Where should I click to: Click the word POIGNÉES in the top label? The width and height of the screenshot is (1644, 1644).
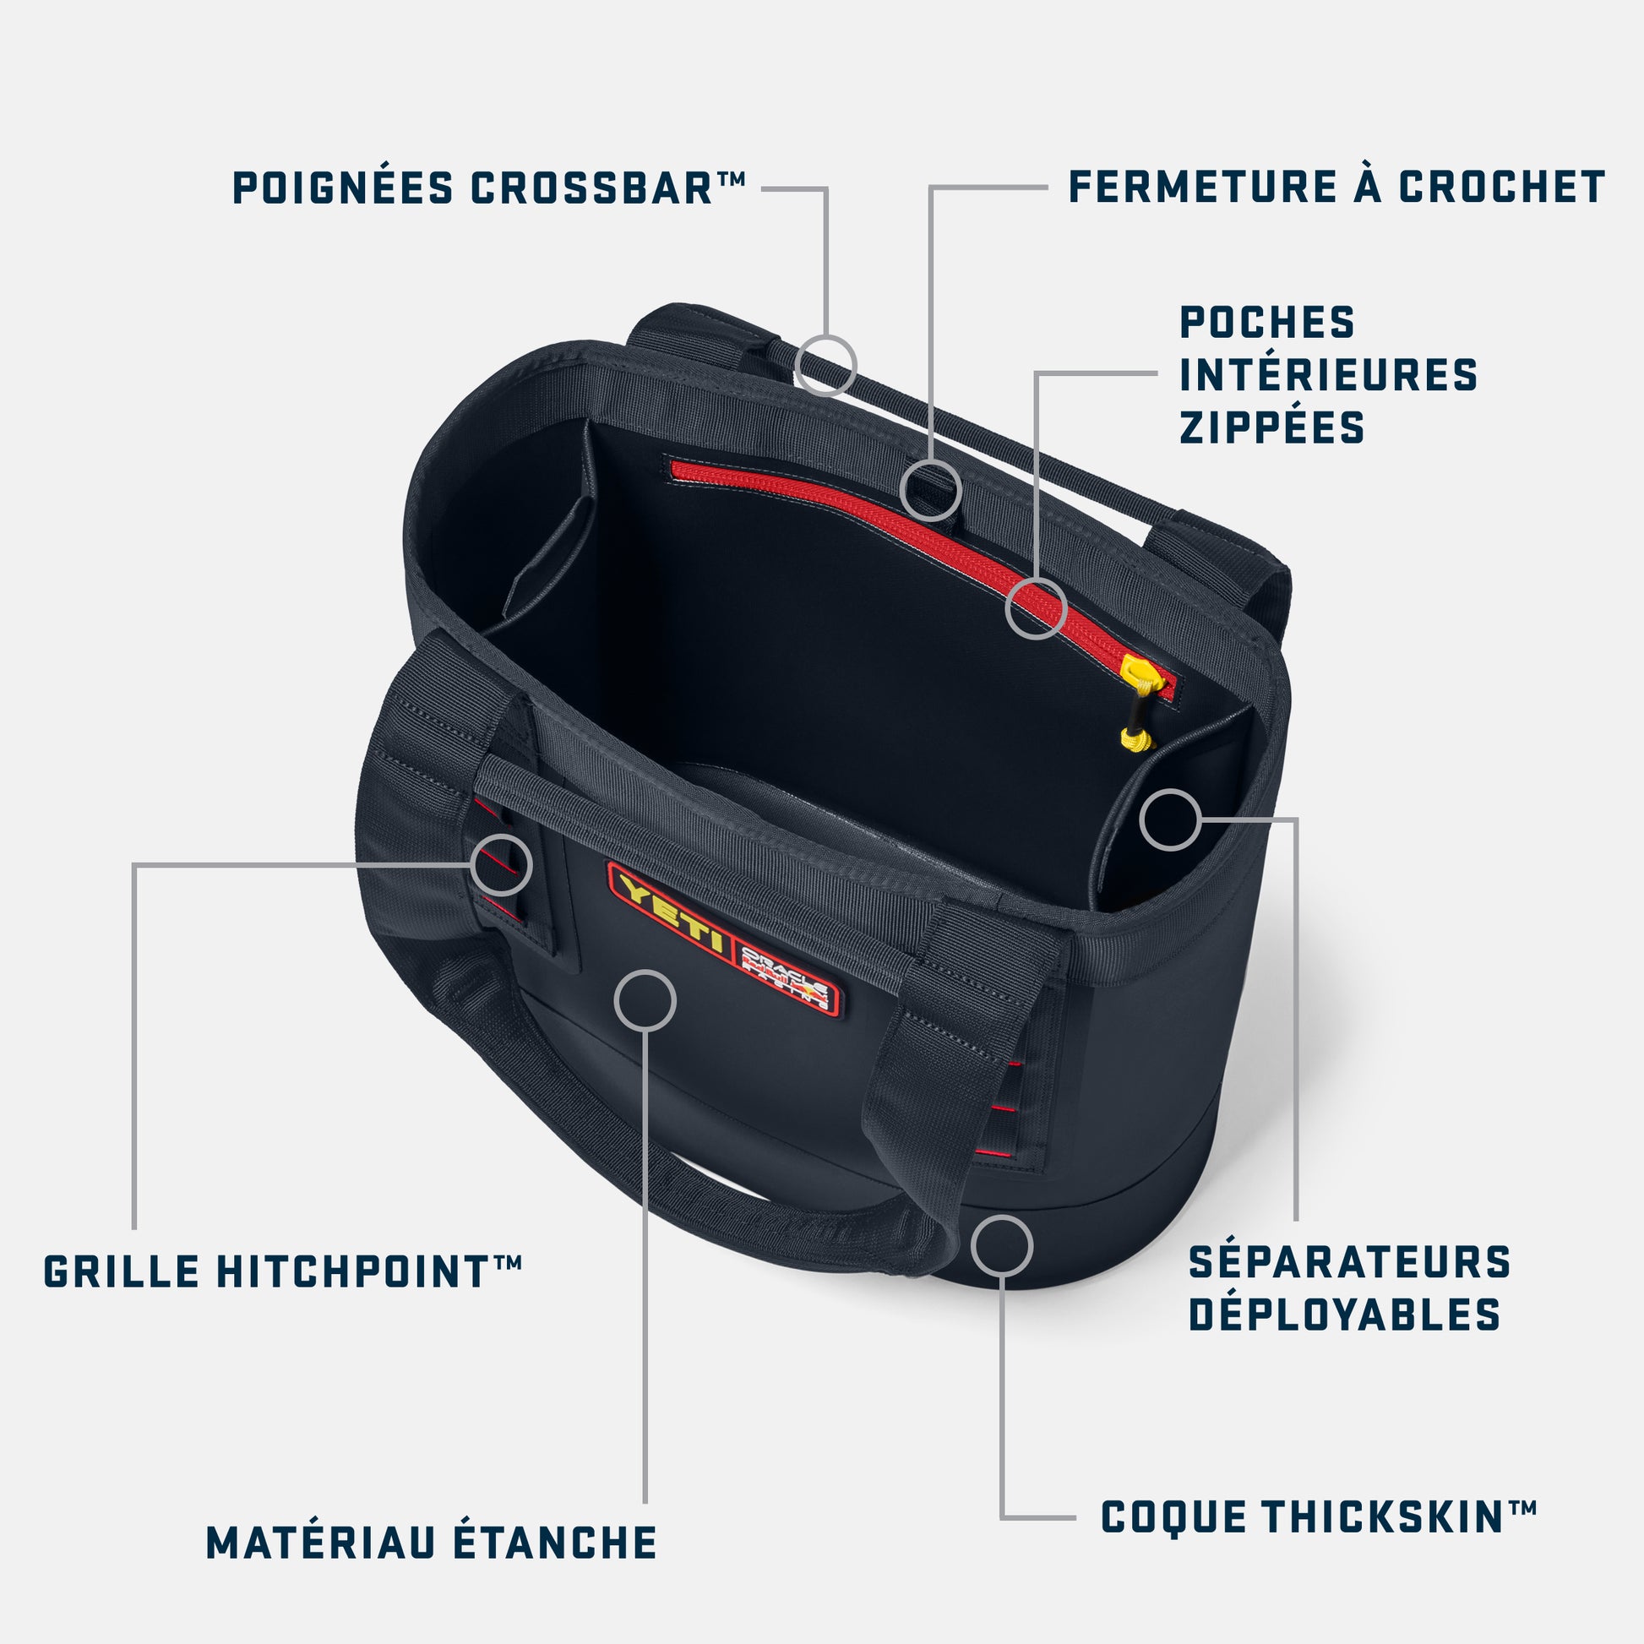pos(342,188)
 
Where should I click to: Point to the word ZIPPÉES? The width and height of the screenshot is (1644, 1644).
pos(1271,427)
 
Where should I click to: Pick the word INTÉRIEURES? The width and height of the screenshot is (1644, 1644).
pos(1328,374)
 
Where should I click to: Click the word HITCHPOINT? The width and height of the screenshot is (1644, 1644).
pos(353,1271)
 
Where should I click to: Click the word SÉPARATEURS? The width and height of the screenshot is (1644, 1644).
pos(1348,1262)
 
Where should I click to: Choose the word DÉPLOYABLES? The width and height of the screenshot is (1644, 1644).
pos(1344,1315)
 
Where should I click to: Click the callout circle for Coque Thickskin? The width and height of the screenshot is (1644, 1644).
pos(1002,1246)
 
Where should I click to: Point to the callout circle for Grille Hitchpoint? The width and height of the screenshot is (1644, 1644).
pos(502,864)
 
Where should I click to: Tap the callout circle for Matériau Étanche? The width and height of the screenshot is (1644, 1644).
pos(645,1000)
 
